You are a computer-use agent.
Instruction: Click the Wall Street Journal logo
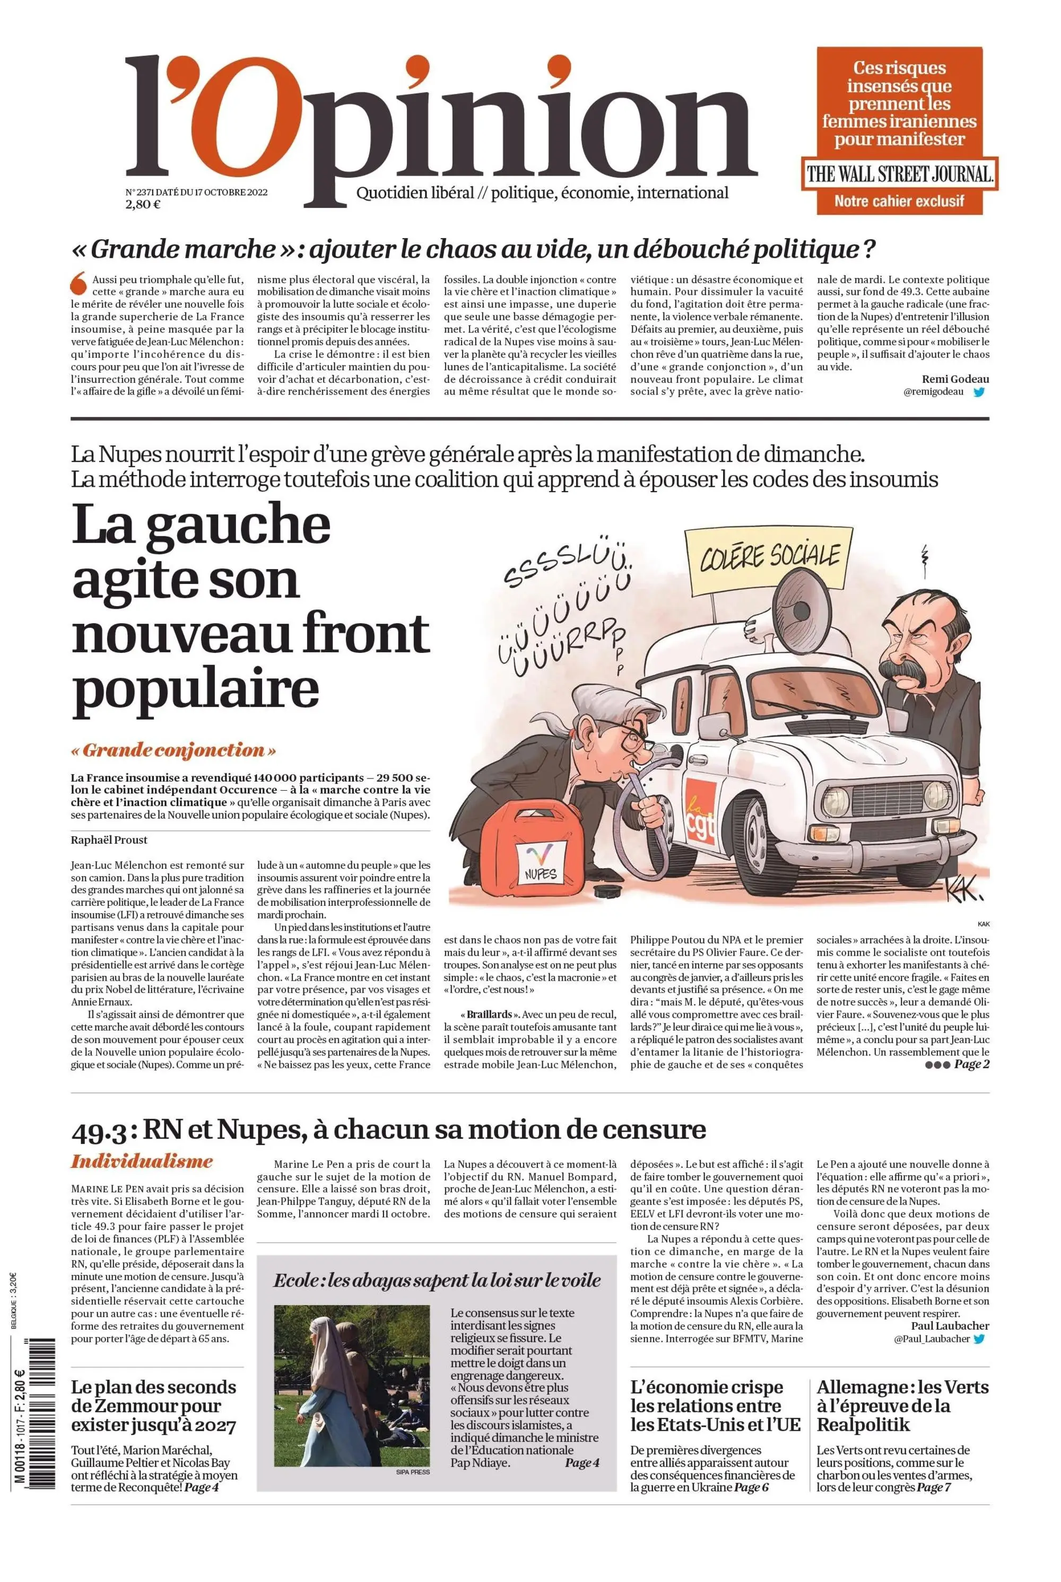point(899,174)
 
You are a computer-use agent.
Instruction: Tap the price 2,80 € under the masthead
point(142,204)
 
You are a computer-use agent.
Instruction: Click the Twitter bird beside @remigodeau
point(978,391)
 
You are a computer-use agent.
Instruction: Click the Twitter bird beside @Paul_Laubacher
point(978,1339)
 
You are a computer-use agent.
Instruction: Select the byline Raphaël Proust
point(109,840)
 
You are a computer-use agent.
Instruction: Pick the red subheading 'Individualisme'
point(142,1162)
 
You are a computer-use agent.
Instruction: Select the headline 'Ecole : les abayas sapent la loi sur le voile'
point(437,1280)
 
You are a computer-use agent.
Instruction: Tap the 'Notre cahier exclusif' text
point(899,201)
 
